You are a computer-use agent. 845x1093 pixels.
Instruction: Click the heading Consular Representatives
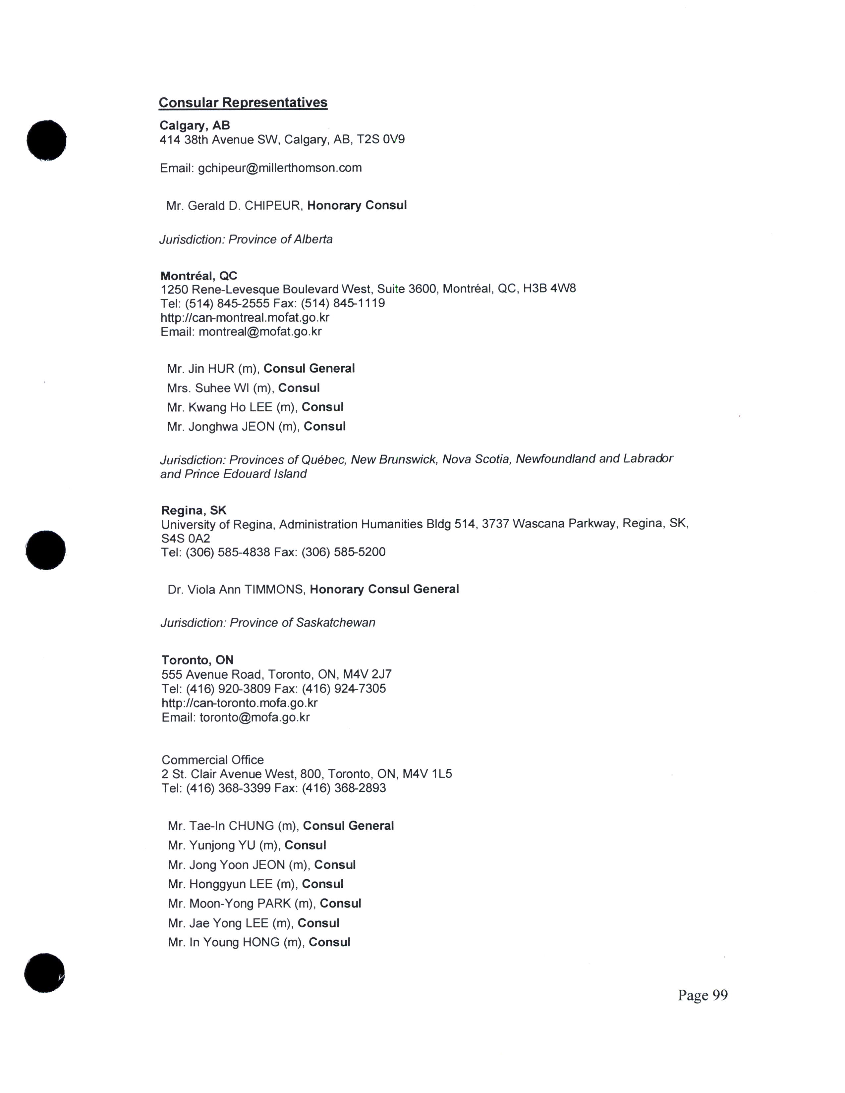pos(243,103)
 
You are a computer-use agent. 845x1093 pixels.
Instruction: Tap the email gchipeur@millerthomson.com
pos(279,168)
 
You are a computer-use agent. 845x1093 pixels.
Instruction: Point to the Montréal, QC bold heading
pos(199,276)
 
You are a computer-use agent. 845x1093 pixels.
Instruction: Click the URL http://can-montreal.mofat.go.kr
pos(245,318)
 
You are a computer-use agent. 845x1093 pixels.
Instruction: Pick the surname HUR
pos(221,369)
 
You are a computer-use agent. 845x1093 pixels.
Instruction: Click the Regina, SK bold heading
pos(194,510)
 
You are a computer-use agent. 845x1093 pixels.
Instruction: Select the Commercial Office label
pos(212,760)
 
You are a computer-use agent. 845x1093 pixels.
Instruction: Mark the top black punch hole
pos(46,141)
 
